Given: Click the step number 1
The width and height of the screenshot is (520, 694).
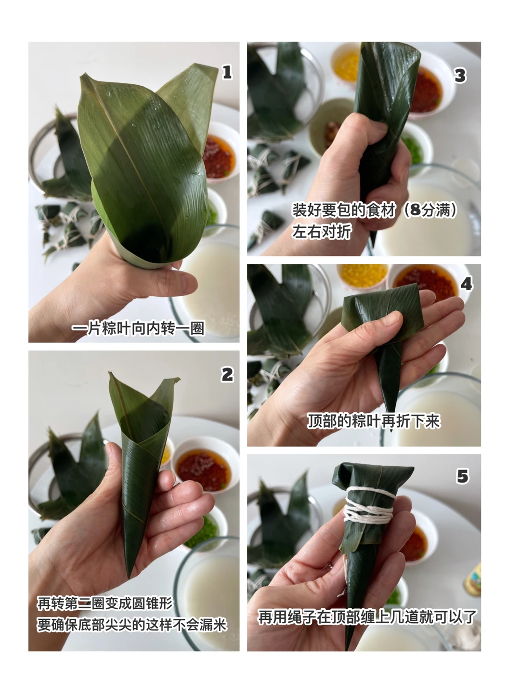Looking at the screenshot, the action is [227, 72].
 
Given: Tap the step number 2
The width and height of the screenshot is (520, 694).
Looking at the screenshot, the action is [227, 375].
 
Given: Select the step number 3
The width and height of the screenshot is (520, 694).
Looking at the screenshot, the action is [460, 76].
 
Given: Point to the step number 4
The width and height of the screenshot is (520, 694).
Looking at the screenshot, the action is [466, 284].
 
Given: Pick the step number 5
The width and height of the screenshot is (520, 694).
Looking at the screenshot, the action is [463, 476].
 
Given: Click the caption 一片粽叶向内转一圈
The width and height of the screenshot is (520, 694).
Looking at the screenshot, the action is [138, 328].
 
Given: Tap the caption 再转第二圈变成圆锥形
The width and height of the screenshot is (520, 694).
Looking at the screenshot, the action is [105, 603].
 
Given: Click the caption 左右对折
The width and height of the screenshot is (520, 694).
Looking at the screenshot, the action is [322, 232].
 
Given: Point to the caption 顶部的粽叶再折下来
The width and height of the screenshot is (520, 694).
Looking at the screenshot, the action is [374, 421].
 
